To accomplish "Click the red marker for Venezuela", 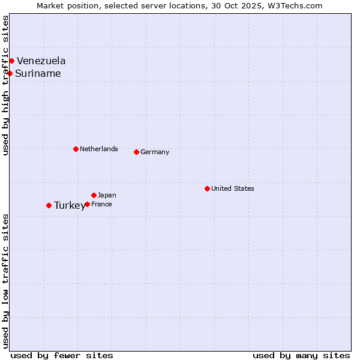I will coord(11,61).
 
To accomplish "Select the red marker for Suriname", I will coord(10,73).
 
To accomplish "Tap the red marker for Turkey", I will coord(49,205).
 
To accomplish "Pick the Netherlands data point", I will coord(76,149).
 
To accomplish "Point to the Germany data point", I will coord(136,152).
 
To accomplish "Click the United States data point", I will coord(207,188).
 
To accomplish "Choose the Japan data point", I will coord(94,195).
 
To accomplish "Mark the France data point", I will coord(87,204).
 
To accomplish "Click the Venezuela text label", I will coord(41,61).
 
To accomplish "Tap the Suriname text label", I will coord(38,73).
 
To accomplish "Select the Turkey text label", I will coord(70,205).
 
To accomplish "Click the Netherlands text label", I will coord(99,149).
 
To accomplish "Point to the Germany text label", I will coord(155,152).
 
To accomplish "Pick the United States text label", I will coord(233,188).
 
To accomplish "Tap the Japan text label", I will coord(107,195).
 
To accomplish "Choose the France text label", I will coord(101,204).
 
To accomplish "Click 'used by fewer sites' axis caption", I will coord(62,355).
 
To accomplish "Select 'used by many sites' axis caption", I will coord(301,355).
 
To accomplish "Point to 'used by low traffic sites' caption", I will coord(5,281).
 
